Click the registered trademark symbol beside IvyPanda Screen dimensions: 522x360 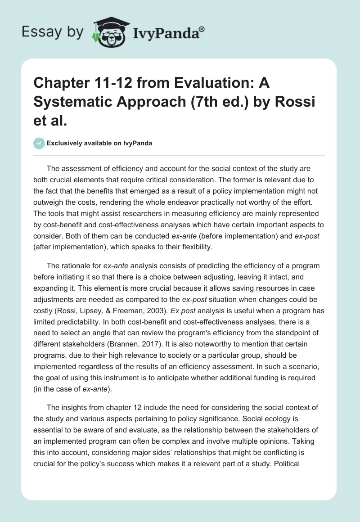pyautogui.click(x=202, y=30)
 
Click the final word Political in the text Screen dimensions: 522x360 pyautogui.click(x=284, y=463)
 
